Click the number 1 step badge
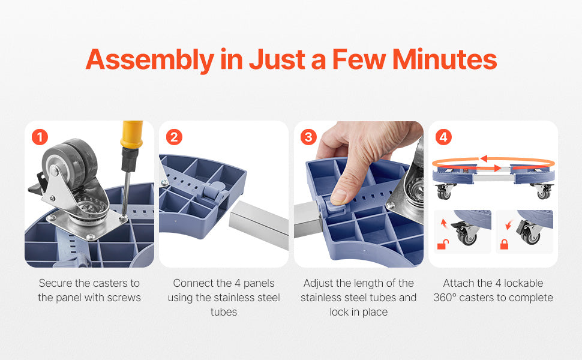click(40, 137)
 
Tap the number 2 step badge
click(174, 137)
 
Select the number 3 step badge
click(308, 137)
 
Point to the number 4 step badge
click(443, 137)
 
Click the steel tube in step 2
click(259, 224)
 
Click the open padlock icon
click(443, 245)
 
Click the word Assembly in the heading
click(150, 60)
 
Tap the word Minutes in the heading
click(445, 59)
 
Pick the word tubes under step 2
click(223, 312)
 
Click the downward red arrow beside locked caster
click(509, 224)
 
